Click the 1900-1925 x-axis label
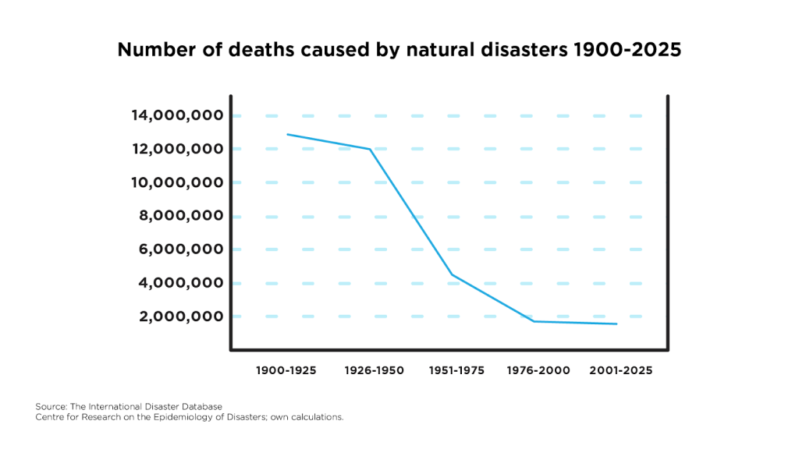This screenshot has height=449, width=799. point(286,370)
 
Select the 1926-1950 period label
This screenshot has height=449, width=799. point(375,370)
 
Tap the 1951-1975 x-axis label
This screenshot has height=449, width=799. point(456,370)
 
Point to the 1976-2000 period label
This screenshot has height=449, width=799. point(538,370)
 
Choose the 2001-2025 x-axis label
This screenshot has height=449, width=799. point(622,370)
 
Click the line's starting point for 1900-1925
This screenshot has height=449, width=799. point(287,134)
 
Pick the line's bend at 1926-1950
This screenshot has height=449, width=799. point(370,149)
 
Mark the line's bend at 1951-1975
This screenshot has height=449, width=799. point(452,274)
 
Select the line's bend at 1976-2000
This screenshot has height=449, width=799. point(534,321)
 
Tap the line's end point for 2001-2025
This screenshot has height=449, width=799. point(616,323)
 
